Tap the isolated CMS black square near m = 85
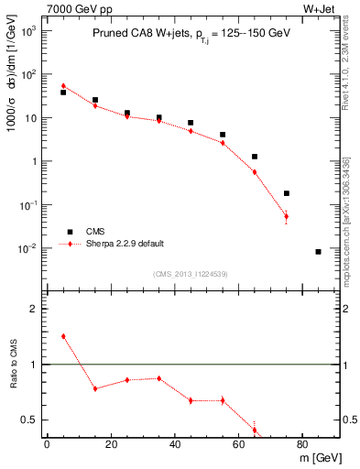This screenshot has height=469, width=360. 318,251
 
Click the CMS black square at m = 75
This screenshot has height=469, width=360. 287,193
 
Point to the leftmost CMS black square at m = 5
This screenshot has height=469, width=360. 63,93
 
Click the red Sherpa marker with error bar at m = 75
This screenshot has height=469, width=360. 287,217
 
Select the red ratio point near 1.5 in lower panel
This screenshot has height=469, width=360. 63,336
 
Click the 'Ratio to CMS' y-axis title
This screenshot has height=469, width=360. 13,365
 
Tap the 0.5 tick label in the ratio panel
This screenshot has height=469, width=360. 29,420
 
